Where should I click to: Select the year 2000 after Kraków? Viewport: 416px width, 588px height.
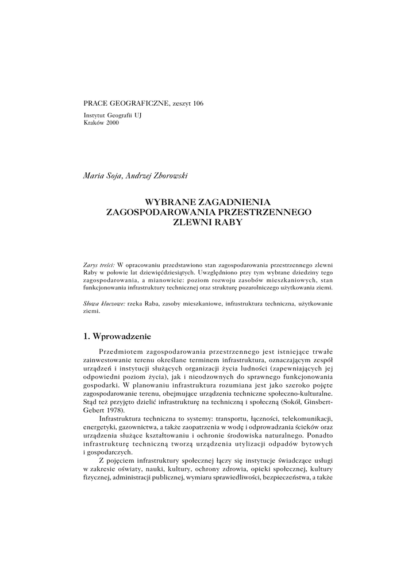tap(112, 123)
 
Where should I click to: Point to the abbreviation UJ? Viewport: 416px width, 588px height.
tap(138, 115)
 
